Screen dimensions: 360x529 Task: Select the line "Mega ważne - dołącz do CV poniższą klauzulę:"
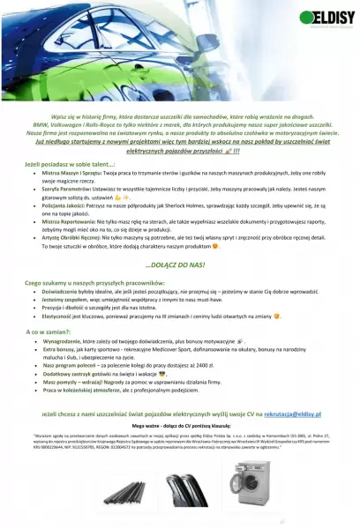coord(179,426)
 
